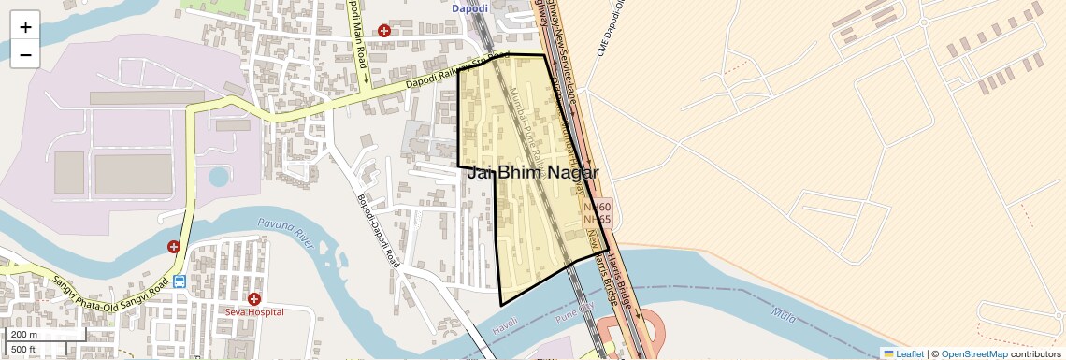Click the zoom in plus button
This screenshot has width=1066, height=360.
coord(25,27)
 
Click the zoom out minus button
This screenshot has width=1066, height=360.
coord(25,55)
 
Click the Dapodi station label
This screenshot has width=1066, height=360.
coord(470,8)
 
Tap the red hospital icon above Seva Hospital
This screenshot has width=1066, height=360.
coord(253,297)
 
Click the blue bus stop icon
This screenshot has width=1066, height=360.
coord(179,281)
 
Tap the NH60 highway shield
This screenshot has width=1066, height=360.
coord(597,208)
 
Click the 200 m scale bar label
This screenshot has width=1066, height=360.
coord(25,335)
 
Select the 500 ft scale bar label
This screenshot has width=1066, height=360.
coord(23,350)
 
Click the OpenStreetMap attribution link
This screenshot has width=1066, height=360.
coord(974,353)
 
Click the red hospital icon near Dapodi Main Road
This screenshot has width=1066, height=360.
coord(384,31)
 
